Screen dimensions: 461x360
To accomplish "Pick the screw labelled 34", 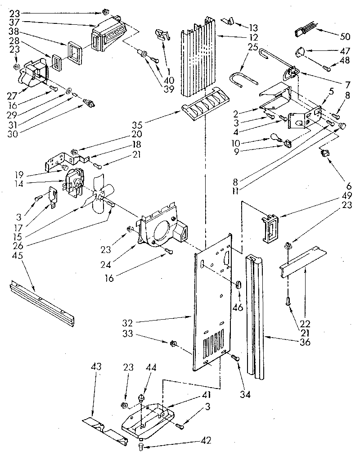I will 234,357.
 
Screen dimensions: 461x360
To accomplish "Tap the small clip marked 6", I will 324,154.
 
